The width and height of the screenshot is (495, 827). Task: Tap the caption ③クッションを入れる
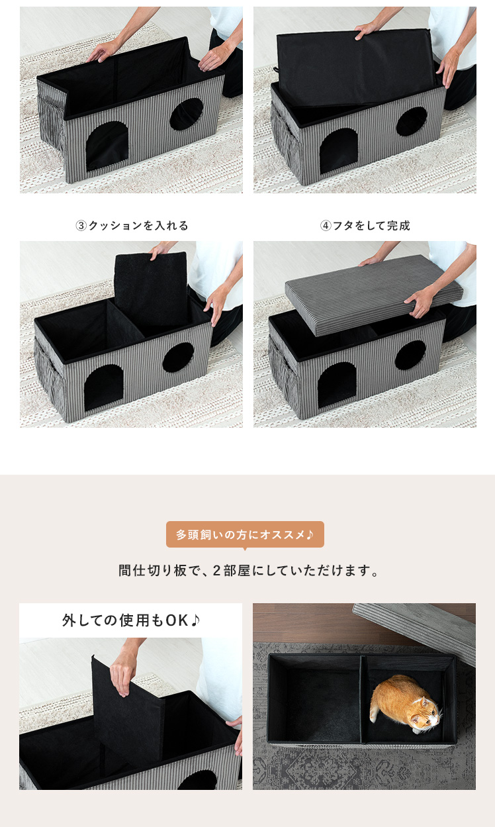(132, 226)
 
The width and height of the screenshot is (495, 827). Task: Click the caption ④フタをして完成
(365, 226)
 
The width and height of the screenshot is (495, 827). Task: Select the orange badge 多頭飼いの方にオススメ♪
(245, 534)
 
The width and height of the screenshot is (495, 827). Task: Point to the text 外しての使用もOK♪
(131, 620)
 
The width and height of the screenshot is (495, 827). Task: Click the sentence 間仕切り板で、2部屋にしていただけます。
(248, 571)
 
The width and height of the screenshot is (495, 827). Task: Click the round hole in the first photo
(187, 114)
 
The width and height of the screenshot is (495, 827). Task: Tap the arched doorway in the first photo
(107, 146)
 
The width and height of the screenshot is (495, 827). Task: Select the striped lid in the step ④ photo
(373, 294)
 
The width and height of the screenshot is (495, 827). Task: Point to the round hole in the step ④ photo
(410, 355)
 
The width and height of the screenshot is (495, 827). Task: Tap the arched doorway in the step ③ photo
(103, 387)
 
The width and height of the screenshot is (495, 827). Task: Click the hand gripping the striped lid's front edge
(419, 302)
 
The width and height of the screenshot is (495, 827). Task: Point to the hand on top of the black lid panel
(367, 30)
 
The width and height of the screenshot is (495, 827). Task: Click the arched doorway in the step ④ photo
(337, 385)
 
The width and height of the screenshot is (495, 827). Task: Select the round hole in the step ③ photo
(178, 357)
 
